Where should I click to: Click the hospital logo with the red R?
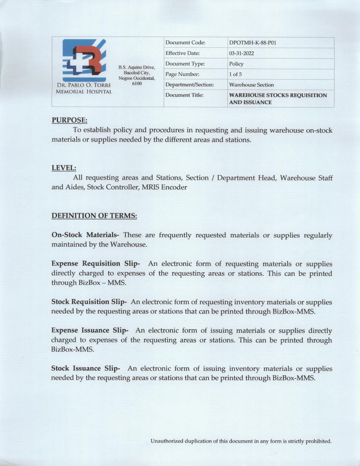[x=84, y=60]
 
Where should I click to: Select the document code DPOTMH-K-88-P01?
[x=252, y=43]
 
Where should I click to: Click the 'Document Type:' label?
[x=185, y=64]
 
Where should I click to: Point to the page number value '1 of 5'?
[x=235, y=75]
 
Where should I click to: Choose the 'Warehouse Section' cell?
[x=251, y=85]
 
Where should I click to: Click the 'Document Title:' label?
[x=184, y=95]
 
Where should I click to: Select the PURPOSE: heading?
[x=69, y=120]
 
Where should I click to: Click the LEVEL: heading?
[x=64, y=168]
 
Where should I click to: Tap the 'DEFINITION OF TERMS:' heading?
[x=94, y=216]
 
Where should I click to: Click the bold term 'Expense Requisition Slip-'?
[x=95, y=264]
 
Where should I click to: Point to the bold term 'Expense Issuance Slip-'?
[x=90, y=330]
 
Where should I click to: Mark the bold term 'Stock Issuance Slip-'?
[x=86, y=369]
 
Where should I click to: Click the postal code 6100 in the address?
[x=137, y=84]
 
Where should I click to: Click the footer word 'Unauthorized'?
[x=167, y=441]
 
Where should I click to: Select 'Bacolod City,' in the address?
[x=137, y=73]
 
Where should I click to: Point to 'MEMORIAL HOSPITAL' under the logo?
[x=84, y=92]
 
